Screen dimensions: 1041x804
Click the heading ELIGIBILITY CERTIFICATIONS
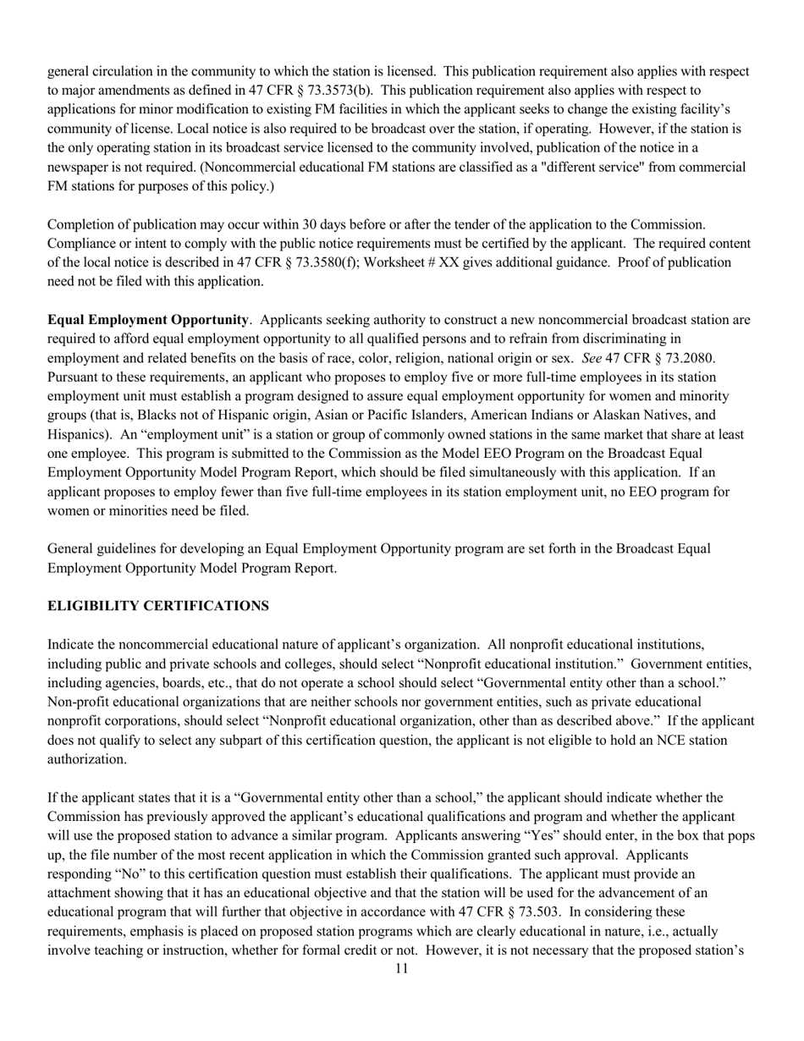(x=158, y=606)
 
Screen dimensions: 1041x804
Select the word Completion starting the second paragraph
(x=83, y=224)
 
